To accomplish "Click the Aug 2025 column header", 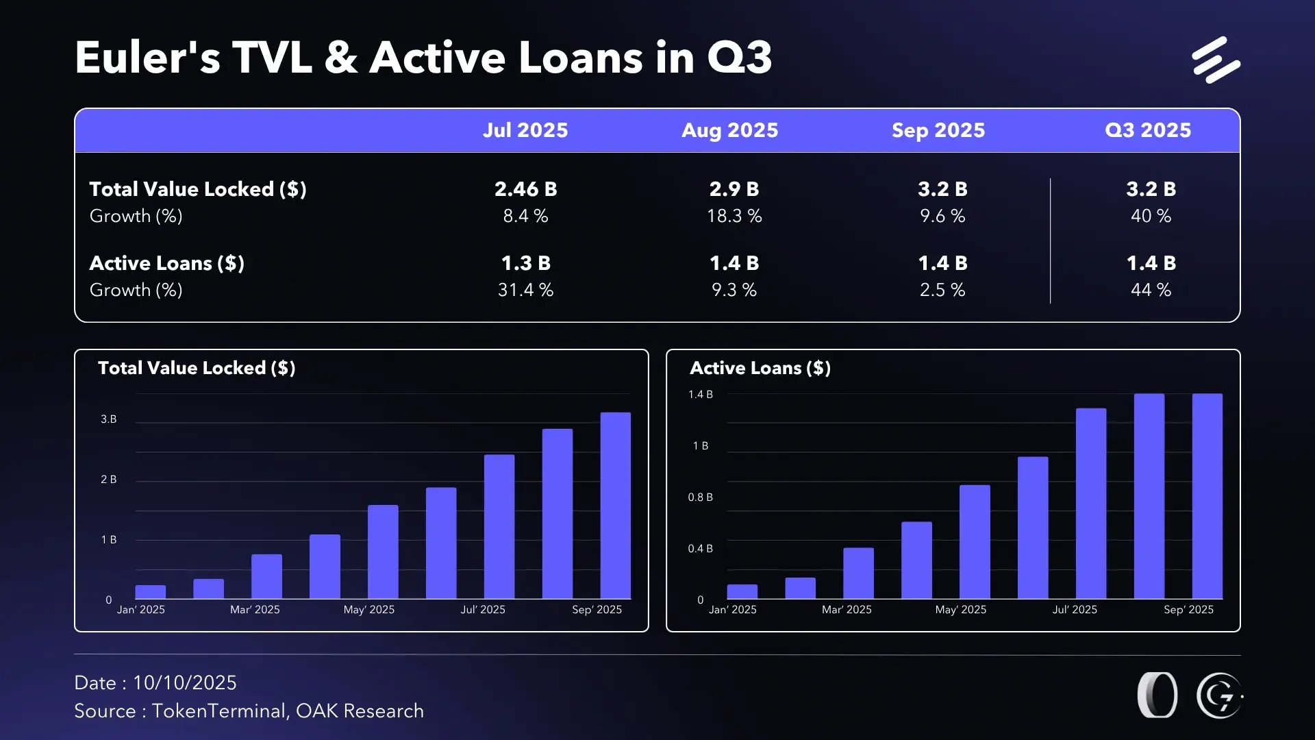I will click(x=729, y=130).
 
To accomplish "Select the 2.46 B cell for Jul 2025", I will click(x=525, y=189).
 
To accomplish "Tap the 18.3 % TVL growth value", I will click(x=734, y=216).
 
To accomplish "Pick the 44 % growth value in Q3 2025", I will click(x=1151, y=290).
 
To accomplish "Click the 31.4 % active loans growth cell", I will click(x=525, y=290).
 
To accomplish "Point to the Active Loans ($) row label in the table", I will click(x=166, y=263).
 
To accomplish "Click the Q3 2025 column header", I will click(x=1148, y=130).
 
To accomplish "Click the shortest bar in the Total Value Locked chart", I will click(x=151, y=592).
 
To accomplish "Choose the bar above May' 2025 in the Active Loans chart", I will click(x=975, y=541).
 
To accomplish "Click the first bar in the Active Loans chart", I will click(x=742, y=592).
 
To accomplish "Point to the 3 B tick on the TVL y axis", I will click(x=108, y=419).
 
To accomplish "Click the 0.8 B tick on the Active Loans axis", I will click(x=700, y=497).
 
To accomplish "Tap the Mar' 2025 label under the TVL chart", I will click(x=255, y=610).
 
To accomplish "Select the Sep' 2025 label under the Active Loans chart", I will click(x=1188, y=610).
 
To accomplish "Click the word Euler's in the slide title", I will click(x=147, y=58).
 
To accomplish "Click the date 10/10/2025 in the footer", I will click(x=184, y=683).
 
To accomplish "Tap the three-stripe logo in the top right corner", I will click(x=1216, y=60).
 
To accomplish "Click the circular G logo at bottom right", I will click(x=1219, y=696).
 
